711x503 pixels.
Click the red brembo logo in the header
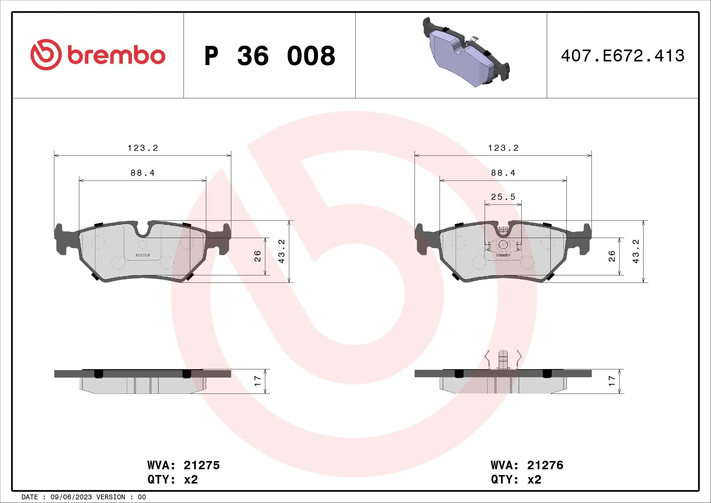(98, 55)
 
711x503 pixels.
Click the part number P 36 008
(269, 56)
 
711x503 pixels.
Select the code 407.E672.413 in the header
(623, 56)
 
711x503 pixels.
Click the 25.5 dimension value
(503, 197)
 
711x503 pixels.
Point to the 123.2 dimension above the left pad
(143, 148)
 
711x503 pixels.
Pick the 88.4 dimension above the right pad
(503, 173)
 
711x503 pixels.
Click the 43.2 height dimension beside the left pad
(281, 251)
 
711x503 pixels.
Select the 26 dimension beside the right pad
(612, 256)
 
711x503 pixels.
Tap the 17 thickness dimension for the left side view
(257, 381)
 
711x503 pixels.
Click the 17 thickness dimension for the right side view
(612, 381)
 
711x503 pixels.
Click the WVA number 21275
(202, 465)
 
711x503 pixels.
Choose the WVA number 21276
(545, 465)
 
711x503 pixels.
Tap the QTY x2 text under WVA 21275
(172, 480)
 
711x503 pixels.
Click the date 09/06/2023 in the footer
(71, 497)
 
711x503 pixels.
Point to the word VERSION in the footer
(111, 497)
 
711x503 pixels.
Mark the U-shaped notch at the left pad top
(143, 229)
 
